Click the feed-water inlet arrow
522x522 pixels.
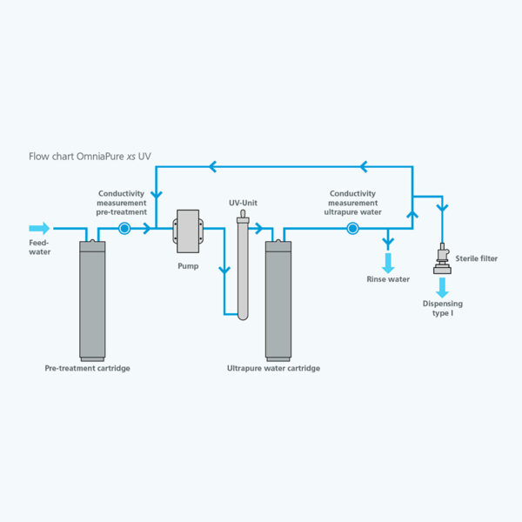(40, 230)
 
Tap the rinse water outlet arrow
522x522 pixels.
(388, 262)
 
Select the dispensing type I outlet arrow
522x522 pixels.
(443, 286)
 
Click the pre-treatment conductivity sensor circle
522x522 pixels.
(124, 230)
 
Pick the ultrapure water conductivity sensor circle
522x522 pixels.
(352, 230)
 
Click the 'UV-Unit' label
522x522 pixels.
(244, 204)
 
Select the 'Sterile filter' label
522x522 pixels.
(477, 258)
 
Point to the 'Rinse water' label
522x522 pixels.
(388, 279)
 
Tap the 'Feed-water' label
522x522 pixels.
(40, 248)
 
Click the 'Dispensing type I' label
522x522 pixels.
(443, 308)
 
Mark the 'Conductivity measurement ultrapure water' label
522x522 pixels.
(352, 203)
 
